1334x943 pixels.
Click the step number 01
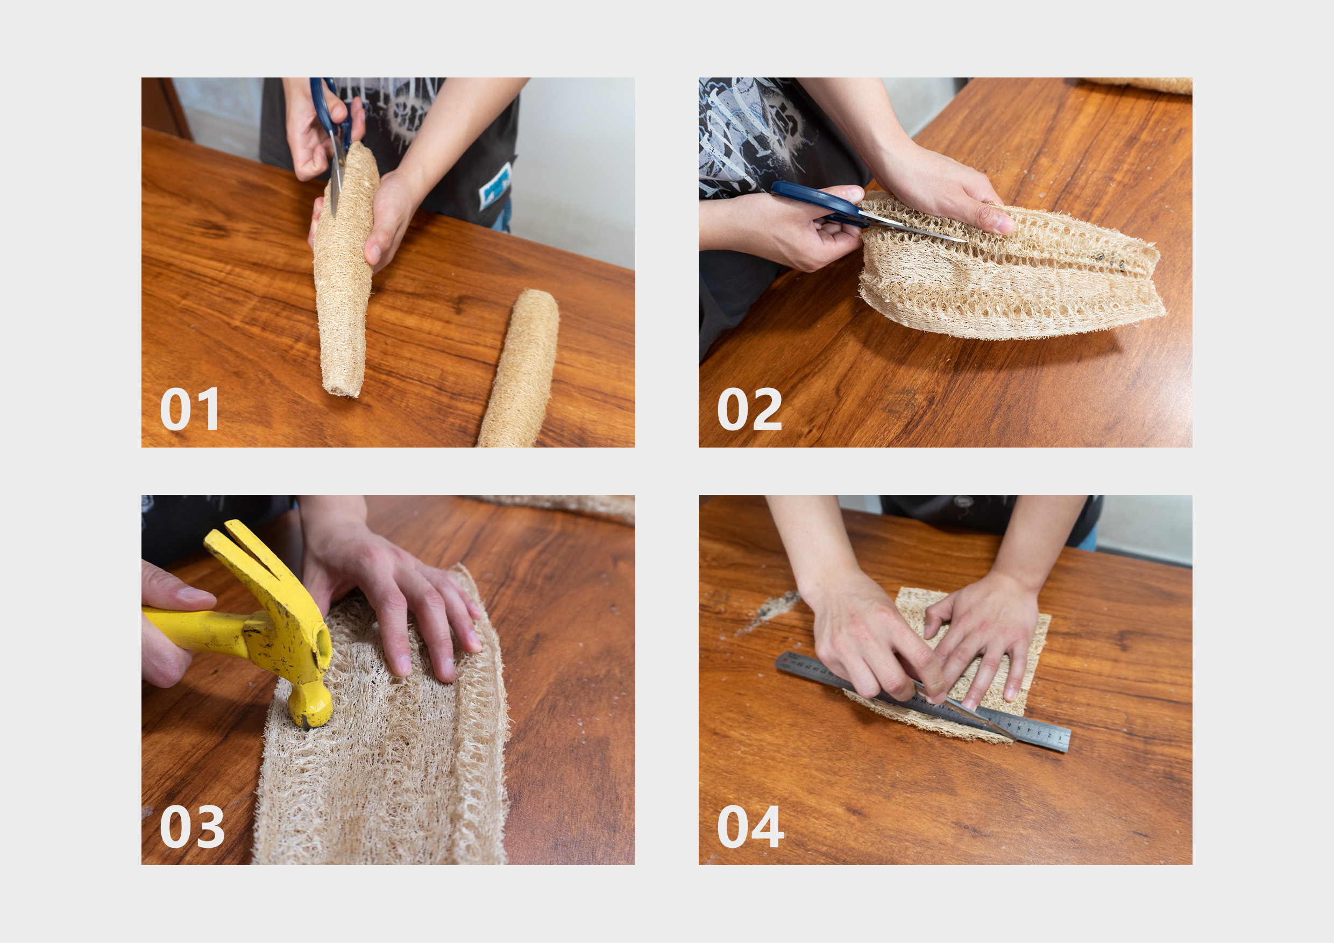pos(189,409)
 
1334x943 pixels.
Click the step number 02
pos(749,409)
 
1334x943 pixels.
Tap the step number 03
pos(191,826)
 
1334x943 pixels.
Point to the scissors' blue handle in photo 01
pos(321,108)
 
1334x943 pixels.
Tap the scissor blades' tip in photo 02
pos(962,240)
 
